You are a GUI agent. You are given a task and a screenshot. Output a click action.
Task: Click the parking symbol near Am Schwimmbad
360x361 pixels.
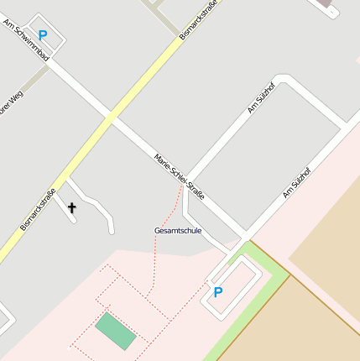[43, 36]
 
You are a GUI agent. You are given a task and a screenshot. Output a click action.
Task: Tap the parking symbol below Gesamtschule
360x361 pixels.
[218, 292]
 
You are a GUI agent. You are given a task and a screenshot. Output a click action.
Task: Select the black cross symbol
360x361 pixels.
[71, 207]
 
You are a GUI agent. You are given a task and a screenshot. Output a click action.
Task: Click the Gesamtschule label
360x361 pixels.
[178, 229]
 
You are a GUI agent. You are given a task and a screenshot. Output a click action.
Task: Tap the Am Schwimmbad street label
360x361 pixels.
[26, 39]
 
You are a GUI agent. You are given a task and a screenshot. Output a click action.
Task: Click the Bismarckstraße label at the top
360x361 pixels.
[199, 19]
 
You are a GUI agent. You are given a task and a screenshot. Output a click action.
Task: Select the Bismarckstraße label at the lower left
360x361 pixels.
[38, 209]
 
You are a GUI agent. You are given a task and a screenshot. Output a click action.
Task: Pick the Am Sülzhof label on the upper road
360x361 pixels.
[261, 98]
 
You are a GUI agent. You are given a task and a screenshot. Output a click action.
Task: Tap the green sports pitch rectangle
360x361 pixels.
[115, 332]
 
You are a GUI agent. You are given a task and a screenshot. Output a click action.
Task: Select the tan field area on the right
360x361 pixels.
[327, 252]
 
